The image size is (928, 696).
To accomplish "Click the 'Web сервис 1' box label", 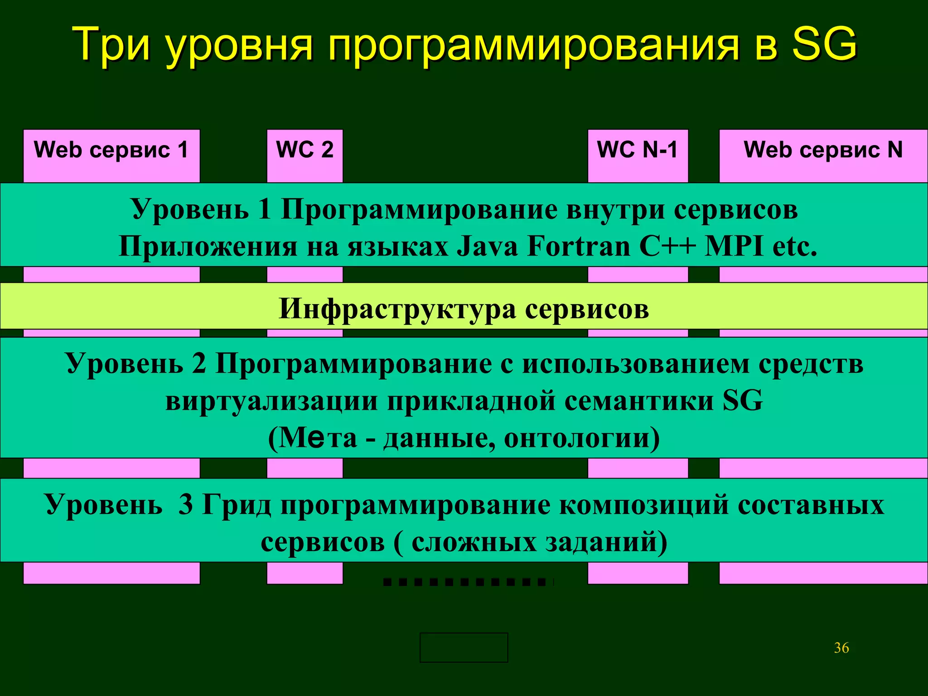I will pos(111,150).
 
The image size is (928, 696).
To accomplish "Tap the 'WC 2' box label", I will pos(304,150).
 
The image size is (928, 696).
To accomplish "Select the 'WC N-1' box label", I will pos(637,150).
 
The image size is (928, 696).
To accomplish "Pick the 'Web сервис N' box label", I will pos(823,150).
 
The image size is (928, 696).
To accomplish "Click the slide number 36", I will pos(841,648).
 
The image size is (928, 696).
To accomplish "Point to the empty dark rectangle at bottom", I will pos(464,648).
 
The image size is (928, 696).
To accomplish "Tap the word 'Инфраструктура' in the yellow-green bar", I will pos(396,309).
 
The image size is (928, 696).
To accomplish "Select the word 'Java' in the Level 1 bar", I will pos(487,247).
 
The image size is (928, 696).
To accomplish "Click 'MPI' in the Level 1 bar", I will pos(734,247).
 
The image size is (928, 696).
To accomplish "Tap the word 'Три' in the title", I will pos(111,44).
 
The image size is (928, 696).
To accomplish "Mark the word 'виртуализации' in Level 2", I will pos(271,401).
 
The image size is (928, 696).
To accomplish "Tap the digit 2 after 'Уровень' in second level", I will pos(198,363).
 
